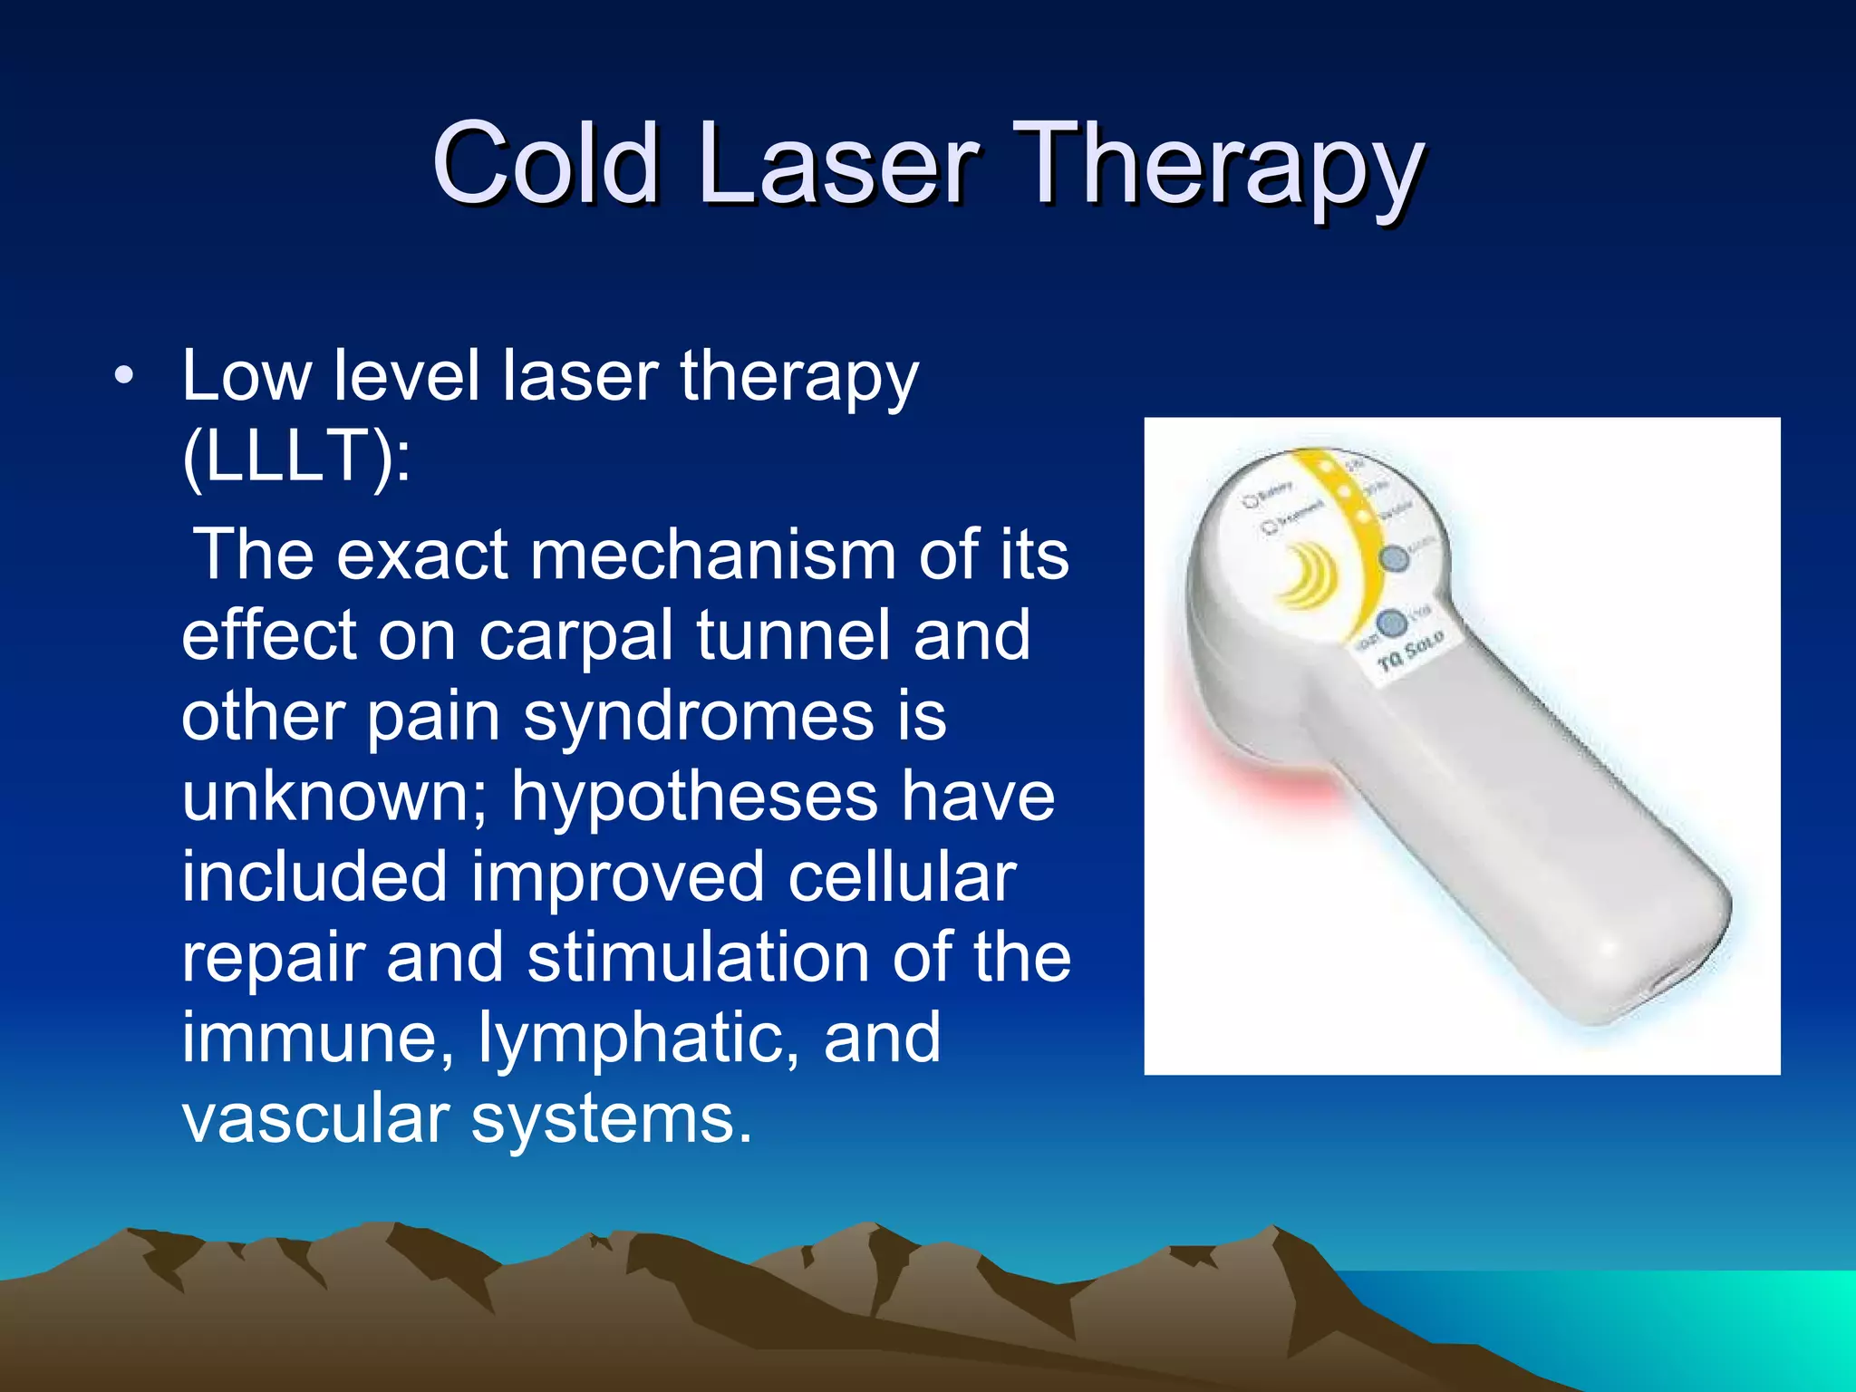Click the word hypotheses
tap(693, 798)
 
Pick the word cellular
tap(902, 877)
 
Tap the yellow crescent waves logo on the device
tap(1305, 576)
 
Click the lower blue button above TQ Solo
tap(1391, 623)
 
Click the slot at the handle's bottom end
tap(1667, 983)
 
